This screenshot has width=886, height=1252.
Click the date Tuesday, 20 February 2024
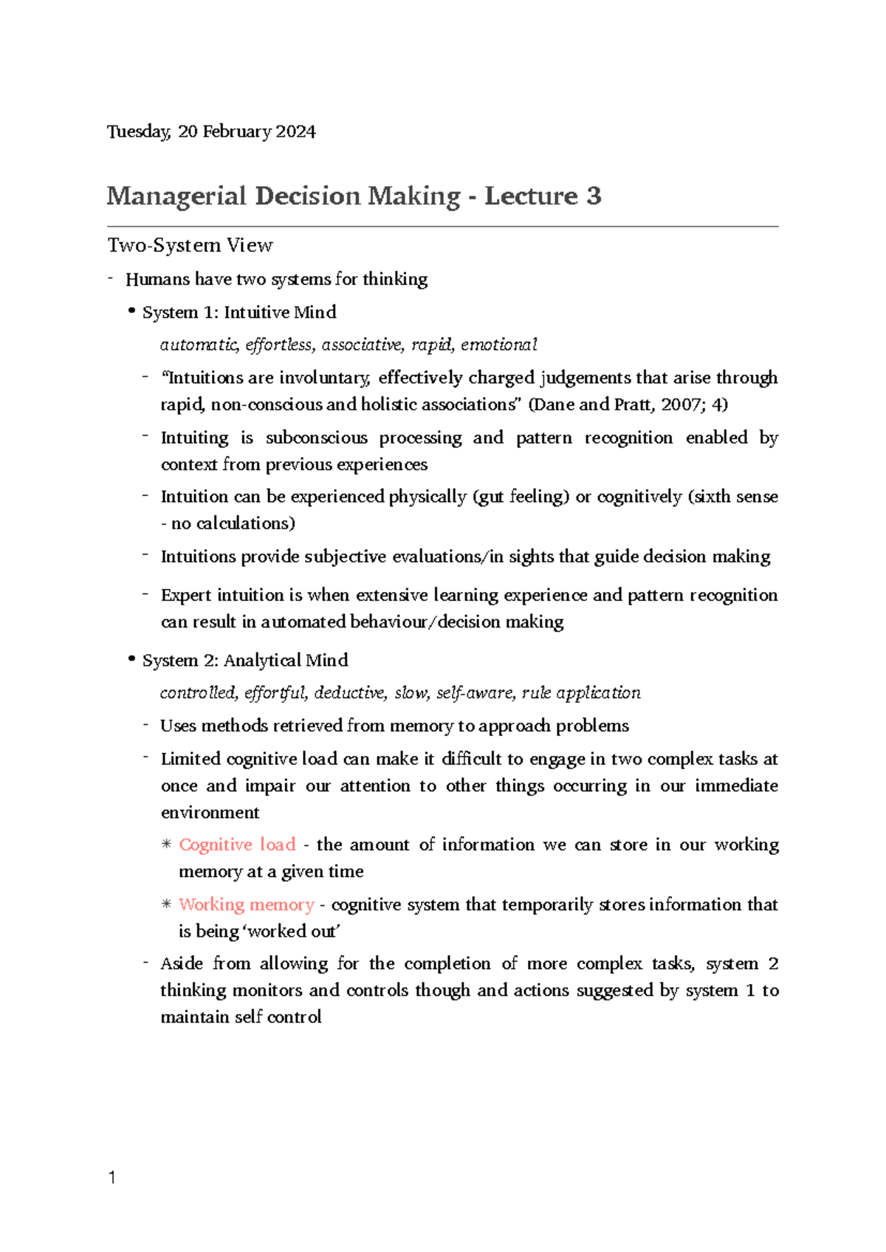(x=211, y=131)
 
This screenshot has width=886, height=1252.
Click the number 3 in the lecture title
(x=594, y=196)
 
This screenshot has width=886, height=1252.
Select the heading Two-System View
(x=190, y=245)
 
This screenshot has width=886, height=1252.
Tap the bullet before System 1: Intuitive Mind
(x=131, y=312)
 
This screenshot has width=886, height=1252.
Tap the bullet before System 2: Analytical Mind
(x=131, y=659)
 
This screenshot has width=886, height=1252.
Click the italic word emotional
(x=499, y=345)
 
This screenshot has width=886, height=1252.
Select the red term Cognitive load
(x=237, y=845)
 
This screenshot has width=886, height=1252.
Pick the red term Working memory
(x=246, y=904)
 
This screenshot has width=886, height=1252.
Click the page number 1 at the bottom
(x=111, y=1177)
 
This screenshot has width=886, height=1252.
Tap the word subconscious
(x=316, y=438)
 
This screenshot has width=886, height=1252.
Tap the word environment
(x=210, y=813)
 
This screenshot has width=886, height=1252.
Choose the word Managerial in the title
(x=176, y=196)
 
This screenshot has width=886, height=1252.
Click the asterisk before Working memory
(x=166, y=904)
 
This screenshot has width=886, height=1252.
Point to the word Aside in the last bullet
(x=182, y=964)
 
